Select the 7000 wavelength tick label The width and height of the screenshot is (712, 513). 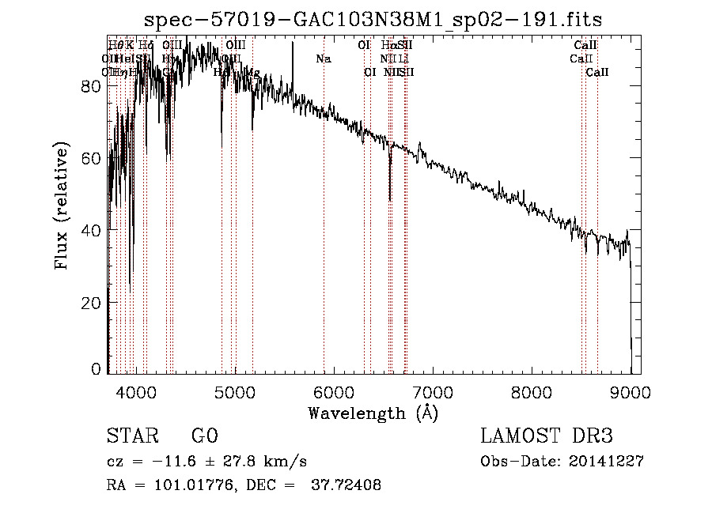tap(433, 391)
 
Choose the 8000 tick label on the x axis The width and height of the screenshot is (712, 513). tap(532, 391)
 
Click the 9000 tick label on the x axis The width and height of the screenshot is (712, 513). tap(631, 391)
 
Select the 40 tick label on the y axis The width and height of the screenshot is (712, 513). tap(92, 229)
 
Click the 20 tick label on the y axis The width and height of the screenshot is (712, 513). tap(92, 302)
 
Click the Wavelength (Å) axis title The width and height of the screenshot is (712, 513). tap(373, 413)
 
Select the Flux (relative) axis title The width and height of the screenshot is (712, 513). tap(62, 206)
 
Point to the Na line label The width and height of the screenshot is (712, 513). tap(323, 59)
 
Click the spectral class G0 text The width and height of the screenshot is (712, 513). tap(204, 436)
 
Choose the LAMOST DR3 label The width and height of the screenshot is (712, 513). tap(547, 436)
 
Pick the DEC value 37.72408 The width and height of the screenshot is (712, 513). tap(347, 485)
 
